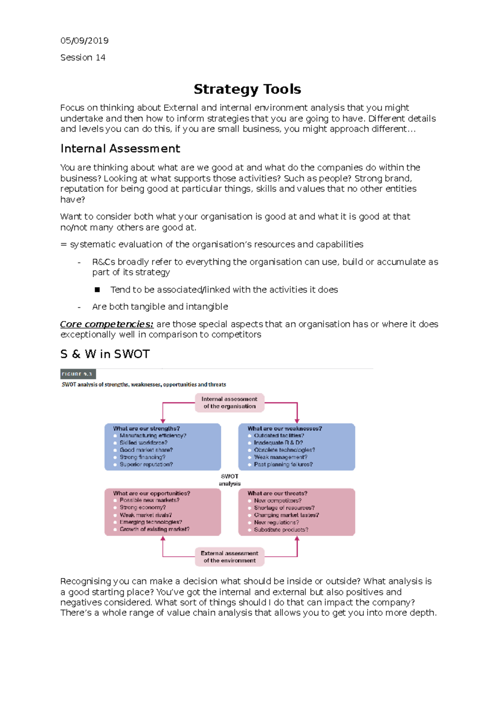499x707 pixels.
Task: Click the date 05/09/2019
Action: [84, 41]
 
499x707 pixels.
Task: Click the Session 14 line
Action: [83, 57]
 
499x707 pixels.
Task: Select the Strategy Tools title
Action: [247, 89]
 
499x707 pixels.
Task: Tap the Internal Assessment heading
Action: [120, 149]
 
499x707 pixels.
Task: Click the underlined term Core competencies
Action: [107, 324]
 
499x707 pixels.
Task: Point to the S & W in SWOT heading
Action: [105, 354]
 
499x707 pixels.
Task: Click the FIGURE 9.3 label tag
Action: [78, 374]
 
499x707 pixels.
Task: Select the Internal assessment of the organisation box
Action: [230, 403]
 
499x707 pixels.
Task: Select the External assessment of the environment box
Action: [230, 557]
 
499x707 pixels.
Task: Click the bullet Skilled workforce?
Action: [143, 443]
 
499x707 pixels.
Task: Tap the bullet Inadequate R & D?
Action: [278, 443]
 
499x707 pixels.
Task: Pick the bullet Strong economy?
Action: [143, 508]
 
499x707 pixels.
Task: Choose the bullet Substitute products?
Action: [281, 530]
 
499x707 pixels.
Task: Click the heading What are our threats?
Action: [277, 493]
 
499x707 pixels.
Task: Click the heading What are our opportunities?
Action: [151, 493]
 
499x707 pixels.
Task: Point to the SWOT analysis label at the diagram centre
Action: [230, 480]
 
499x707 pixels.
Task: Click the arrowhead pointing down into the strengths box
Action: [163, 421]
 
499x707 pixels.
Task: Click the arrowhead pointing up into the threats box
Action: [297, 539]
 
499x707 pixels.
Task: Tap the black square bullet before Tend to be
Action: [97, 290]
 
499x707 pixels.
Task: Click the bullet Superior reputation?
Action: [146, 464]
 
